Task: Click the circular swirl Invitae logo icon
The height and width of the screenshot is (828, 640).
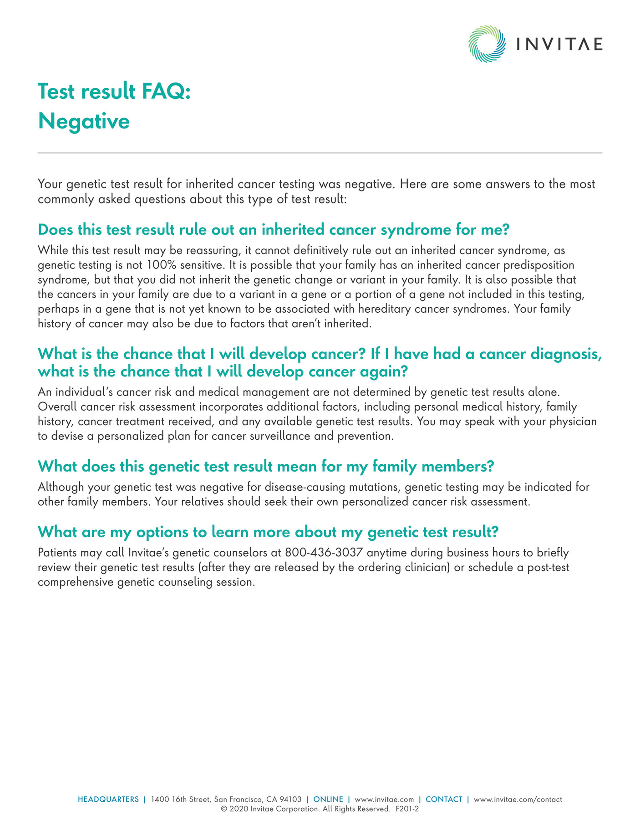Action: (487, 44)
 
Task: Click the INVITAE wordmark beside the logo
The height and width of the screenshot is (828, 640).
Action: (559, 44)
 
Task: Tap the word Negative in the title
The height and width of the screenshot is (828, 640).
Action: (84, 122)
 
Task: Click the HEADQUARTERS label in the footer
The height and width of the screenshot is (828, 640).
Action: (108, 799)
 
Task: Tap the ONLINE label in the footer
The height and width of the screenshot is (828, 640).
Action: (328, 799)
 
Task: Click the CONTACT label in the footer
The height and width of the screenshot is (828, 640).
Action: (444, 799)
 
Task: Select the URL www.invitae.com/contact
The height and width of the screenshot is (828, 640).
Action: (518, 799)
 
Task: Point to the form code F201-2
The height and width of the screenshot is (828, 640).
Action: (407, 809)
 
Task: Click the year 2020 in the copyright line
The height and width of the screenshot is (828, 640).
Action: (239, 809)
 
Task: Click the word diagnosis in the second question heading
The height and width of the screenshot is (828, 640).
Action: (563, 354)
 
